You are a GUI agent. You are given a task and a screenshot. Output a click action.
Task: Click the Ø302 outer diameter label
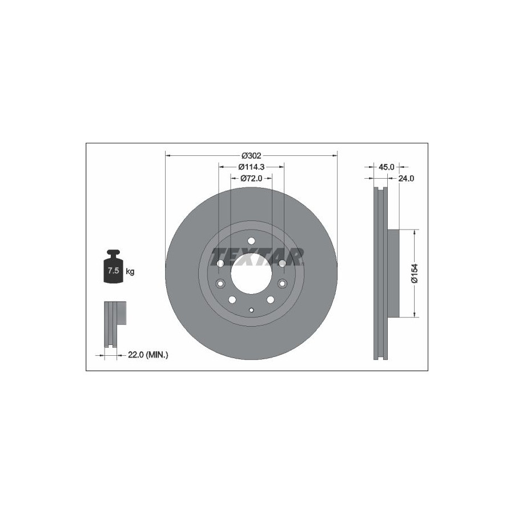pyautogui.click(x=251, y=155)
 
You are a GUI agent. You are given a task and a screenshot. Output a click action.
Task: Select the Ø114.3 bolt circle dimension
pyautogui.click(x=251, y=167)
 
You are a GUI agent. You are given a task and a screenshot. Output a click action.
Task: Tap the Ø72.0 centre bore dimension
pyautogui.click(x=251, y=178)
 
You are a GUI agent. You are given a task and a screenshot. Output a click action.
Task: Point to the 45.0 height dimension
pyautogui.click(x=386, y=167)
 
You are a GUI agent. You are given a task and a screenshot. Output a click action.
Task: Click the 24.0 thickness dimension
pyautogui.click(x=406, y=178)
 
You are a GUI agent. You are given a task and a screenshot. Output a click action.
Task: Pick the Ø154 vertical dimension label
pyautogui.click(x=415, y=273)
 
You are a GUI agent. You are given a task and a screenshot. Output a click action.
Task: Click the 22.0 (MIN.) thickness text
pyautogui.click(x=148, y=355)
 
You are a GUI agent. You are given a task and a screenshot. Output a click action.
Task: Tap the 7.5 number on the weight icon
pyautogui.click(x=114, y=271)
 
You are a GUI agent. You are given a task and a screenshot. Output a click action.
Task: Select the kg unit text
pyautogui.click(x=130, y=271)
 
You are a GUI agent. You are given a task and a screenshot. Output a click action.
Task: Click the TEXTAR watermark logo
pyautogui.click(x=257, y=256)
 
